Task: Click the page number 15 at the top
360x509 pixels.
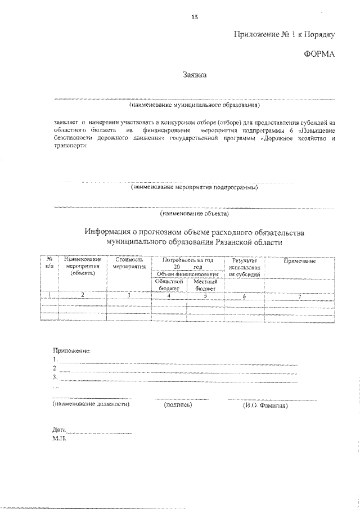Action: (195, 17)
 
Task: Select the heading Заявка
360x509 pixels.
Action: (195, 74)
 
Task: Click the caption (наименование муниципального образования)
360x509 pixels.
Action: (194, 105)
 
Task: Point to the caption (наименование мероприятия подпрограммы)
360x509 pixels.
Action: (194, 187)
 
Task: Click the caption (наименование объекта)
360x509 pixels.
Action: (194, 214)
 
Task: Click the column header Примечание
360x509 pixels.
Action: (299, 261)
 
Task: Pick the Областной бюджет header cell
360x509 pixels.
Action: (169, 285)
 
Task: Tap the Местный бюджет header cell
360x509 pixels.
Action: (205, 285)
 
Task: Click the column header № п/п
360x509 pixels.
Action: (49, 262)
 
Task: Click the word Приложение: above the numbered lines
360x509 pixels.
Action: (71, 350)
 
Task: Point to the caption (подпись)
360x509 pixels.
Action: (178, 404)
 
